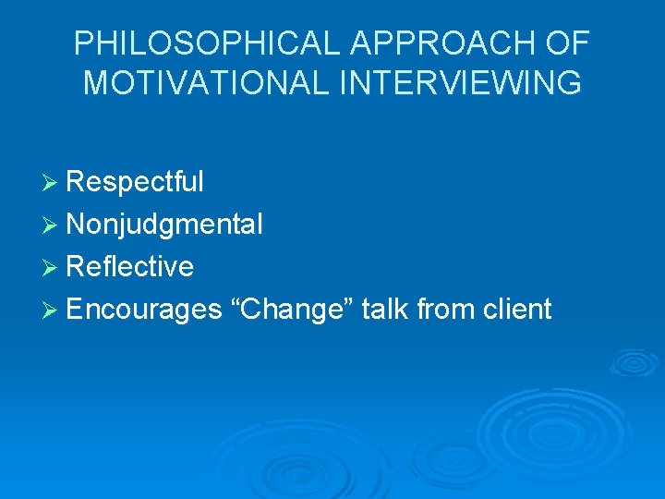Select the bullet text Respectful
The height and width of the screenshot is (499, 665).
click(135, 182)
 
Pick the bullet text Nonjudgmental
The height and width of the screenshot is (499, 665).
click(164, 225)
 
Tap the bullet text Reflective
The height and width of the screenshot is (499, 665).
click(130, 267)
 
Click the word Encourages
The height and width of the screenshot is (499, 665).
click(144, 310)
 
